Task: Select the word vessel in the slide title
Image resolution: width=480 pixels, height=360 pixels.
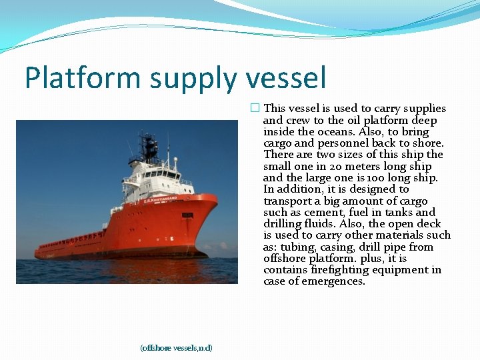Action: [287, 78]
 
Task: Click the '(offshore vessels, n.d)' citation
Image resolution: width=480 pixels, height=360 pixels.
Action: [176, 348]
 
